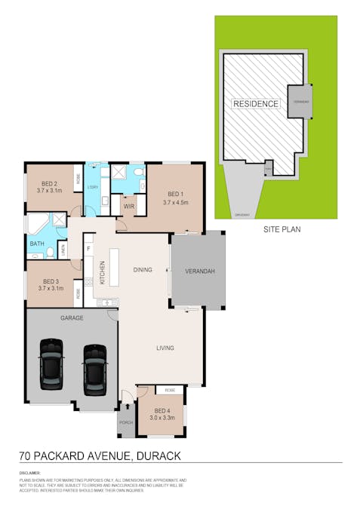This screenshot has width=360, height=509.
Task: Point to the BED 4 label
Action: coord(162,410)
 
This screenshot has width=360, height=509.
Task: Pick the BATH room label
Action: coord(37,244)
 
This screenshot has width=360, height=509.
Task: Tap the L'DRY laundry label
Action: coord(94,187)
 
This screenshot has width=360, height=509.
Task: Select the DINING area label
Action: coord(142,269)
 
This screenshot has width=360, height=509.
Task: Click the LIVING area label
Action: coord(165,348)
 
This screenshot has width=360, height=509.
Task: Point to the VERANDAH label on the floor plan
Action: coord(200,271)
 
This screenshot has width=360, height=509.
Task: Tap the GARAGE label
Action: coord(72,317)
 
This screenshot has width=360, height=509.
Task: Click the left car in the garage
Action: coord(51,366)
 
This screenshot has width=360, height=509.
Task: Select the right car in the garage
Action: coord(96,369)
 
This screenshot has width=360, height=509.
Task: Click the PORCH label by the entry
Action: coord(126,422)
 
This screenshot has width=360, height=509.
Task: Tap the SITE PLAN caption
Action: coord(282,227)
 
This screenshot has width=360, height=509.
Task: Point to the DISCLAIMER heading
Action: coord(30,473)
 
